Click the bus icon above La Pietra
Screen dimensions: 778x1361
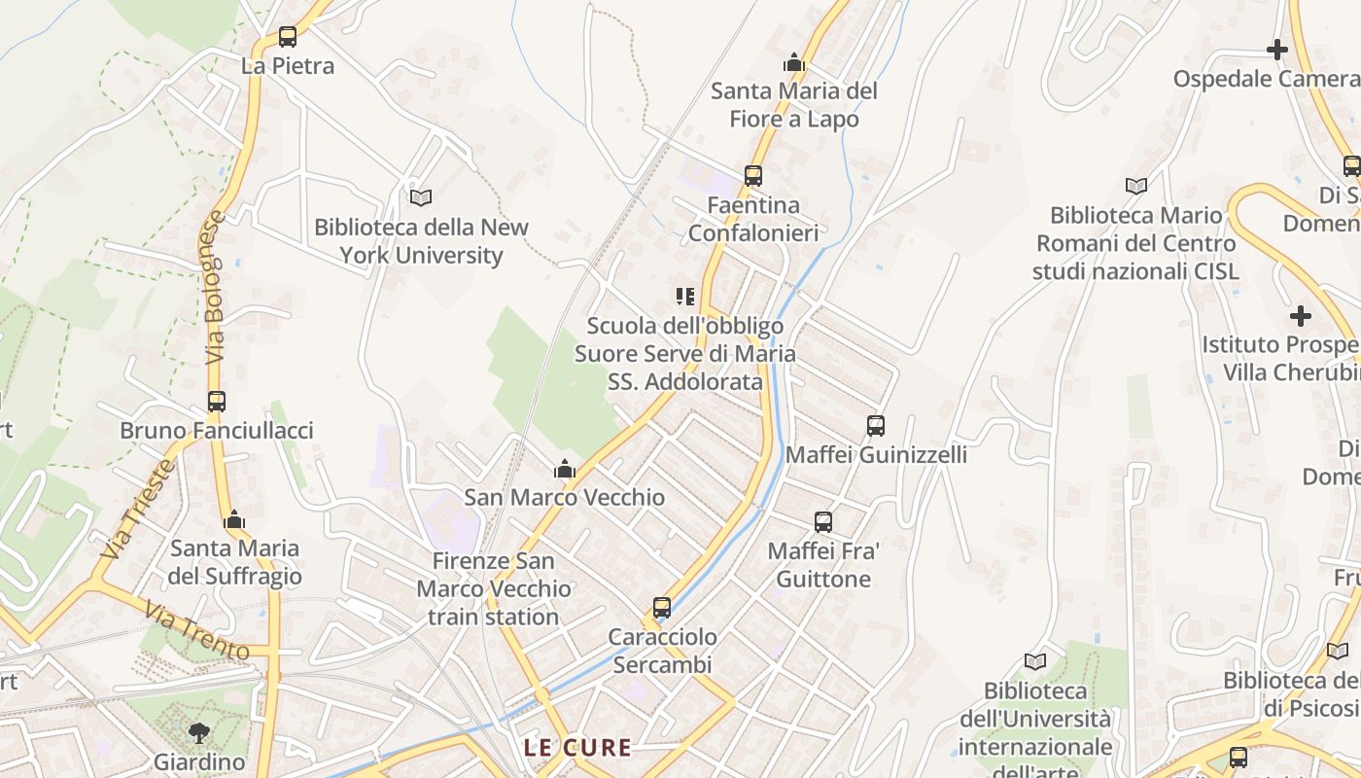pos(288,37)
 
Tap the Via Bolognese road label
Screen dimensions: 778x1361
pos(215,288)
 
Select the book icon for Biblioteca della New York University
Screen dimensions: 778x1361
pos(421,197)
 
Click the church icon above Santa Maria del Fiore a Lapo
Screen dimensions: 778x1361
pos(794,63)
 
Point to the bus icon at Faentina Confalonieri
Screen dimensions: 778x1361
pos(753,176)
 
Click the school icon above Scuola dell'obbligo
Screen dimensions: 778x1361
pos(685,296)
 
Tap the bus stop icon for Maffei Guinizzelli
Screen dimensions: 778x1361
pos(876,425)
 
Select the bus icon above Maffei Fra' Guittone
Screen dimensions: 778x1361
pos(823,522)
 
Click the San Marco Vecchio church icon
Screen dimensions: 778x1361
pos(564,470)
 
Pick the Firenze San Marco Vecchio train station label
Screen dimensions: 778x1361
pos(494,588)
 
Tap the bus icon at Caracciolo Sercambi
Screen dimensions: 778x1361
pos(662,608)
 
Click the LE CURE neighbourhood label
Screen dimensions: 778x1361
pos(577,748)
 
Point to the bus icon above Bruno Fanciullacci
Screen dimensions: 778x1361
pos(217,401)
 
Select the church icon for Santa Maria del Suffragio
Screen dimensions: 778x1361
pos(234,520)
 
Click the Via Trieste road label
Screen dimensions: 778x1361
pos(138,509)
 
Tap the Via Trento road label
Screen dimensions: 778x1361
pos(197,630)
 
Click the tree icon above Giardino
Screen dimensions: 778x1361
pos(199,732)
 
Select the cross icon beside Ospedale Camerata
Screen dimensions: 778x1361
pos(1277,49)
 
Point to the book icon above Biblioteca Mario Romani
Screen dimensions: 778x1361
pos(1135,186)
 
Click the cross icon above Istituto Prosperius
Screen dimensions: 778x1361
pos(1300,316)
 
